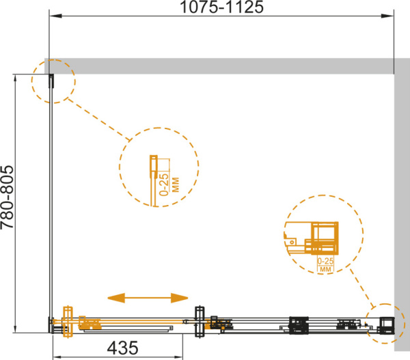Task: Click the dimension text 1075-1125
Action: (x=221, y=7)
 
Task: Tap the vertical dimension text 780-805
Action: (x=7, y=197)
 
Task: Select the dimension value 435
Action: (x=122, y=348)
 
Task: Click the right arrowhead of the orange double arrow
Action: (x=179, y=298)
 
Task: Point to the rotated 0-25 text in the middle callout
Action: (x=165, y=184)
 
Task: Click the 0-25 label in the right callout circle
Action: (x=325, y=261)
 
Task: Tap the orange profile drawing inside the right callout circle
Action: (x=312, y=238)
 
